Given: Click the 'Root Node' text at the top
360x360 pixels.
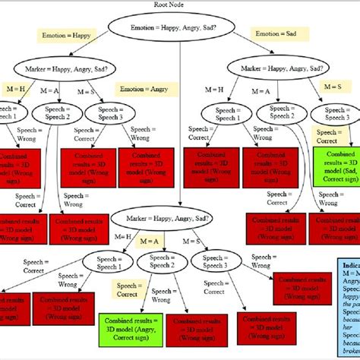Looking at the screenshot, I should click(180, 5).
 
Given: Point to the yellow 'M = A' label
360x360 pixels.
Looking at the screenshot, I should click(149, 241).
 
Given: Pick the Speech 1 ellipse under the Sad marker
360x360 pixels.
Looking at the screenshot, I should click(226, 114).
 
